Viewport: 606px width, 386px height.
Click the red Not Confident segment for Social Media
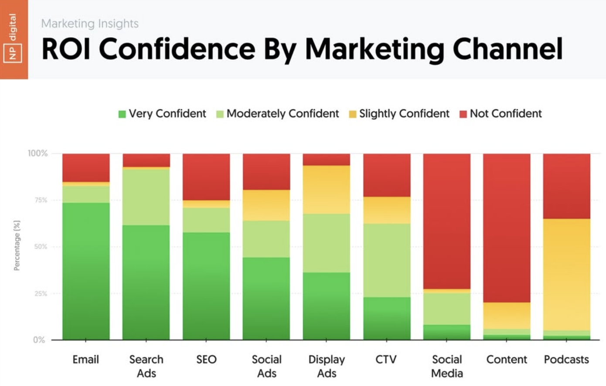pyautogui.click(x=447, y=221)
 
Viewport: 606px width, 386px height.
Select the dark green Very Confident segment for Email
pyautogui.click(x=86, y=271)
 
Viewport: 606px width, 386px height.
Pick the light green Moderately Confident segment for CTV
pyautogui.click(x=387, y=260)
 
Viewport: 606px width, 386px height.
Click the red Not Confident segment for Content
pyautogui.click(x=507, y=227)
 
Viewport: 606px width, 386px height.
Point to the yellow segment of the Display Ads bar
pyautogui.click(x=327, y=190)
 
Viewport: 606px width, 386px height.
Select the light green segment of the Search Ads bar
pyautogui.click(x=146, y=196)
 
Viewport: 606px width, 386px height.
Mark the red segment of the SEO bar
pyautogui.click(x=206, y=177)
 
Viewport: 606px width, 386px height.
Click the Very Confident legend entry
pyautogui.click(x=162, y=114)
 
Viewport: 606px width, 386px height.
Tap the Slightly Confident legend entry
pyautogui.click(x=399, y=114)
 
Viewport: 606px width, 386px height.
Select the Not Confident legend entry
pyautogui.click(x=500, y=114)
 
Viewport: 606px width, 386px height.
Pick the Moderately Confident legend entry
pyautogui.click(x=278, y=114)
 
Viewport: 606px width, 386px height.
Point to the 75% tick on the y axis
pyautogui.click(x=41, y=200)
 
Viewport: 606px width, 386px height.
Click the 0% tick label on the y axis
pyautogui.click(x=39, y=340)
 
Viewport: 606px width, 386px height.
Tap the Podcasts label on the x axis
pyautogui.click(x=566, y=359)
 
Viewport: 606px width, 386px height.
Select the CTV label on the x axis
pyautogui.click(x=386, y=359)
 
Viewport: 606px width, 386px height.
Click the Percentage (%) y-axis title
pyautogui.click(x=17, y=245)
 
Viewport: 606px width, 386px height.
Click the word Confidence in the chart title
pyautogui.click(x=177, y=48)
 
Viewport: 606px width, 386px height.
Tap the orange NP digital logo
pyautogui.click(x=14, y=39)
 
